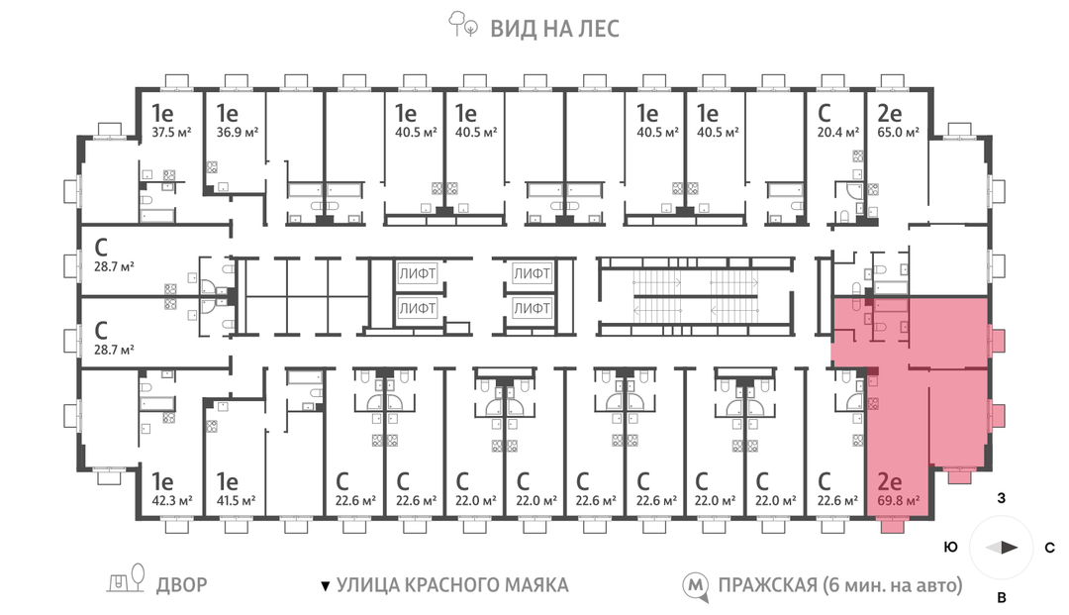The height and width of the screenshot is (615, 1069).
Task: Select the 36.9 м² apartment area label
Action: (x=238, y=131)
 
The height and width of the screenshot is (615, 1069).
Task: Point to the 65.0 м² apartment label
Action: (x=899, y=131)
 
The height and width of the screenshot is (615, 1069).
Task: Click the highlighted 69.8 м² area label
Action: (x=899, y=501)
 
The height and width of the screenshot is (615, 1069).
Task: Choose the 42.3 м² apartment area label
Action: (x=170, y=501)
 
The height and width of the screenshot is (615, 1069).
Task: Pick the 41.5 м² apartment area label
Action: (x=236, y=501)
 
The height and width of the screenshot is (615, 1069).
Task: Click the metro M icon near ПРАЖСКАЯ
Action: (x=698, y=586)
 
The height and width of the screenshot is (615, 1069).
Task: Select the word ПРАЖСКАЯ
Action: (x=767, y=585)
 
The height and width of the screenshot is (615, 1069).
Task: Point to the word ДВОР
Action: (x=181, y=585)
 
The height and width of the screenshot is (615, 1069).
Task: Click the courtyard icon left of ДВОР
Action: (x=127, y=582)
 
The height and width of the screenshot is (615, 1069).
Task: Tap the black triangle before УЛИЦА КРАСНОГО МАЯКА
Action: (x=324, y=586)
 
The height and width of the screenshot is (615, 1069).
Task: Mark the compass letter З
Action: (x=1002, y=499)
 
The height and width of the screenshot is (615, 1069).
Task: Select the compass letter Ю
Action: (x=950, y=548)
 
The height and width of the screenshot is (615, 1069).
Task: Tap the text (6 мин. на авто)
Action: (x=892, y=585)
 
